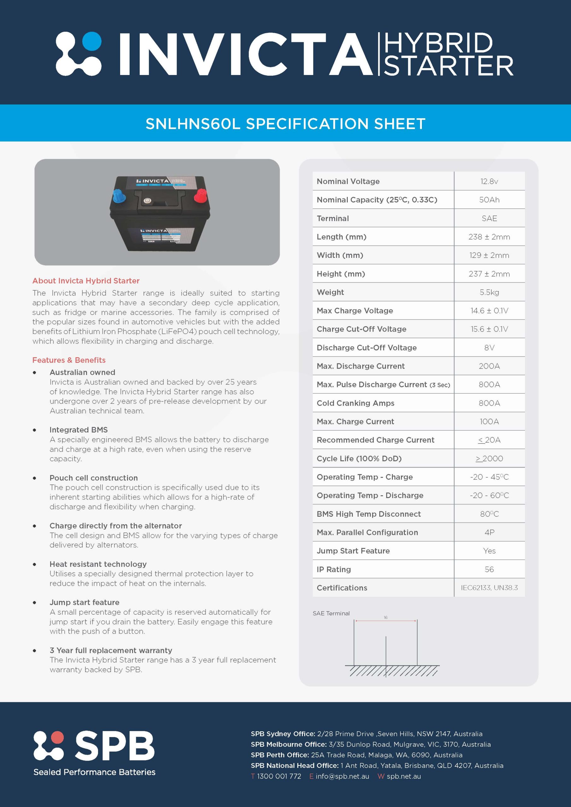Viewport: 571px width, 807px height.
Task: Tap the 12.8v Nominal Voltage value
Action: (489, 181)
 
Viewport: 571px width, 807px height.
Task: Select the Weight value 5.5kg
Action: (489, 292)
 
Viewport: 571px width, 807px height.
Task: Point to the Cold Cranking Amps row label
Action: (355, 403)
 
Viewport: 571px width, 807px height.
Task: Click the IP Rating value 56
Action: (489, 569)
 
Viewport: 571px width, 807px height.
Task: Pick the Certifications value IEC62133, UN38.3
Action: (489, 588)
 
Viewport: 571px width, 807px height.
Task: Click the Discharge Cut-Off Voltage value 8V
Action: (489, 348)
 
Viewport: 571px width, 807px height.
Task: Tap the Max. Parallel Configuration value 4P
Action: (489, 532)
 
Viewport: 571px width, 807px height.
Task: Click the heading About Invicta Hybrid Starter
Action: (86, 281)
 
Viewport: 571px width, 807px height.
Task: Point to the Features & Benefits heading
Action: (69, 360)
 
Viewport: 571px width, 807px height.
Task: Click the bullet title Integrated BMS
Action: (79, 430)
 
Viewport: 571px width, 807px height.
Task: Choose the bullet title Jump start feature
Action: (84, 602)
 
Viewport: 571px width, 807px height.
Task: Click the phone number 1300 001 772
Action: (279, 776)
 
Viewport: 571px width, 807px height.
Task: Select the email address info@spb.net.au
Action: (342, 776)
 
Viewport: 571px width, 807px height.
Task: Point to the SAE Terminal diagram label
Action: (331, 613)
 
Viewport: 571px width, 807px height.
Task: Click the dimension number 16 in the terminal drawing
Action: (385, 618)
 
